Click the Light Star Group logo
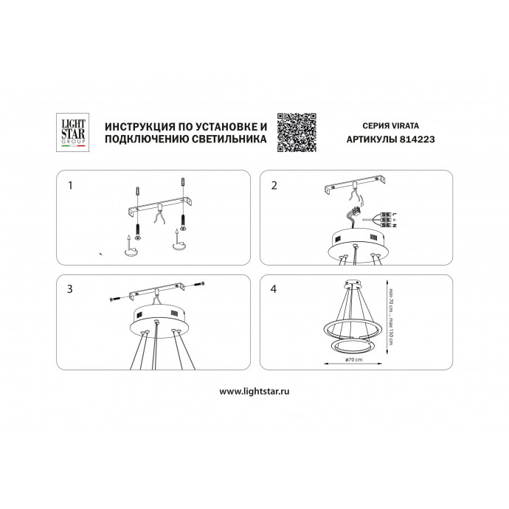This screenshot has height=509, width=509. tap(73, 132)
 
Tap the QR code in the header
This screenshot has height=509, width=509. tap(297, 133)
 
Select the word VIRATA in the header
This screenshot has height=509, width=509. tap(405, 125)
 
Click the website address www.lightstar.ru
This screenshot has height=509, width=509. tap(254, 391)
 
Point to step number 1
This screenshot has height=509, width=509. tap(70, 185)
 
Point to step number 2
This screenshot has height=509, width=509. tap(274, 185)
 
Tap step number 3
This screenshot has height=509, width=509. tap(70, 289)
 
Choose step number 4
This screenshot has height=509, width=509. tap(274, 289)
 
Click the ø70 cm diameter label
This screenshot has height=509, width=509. tap(354, 359)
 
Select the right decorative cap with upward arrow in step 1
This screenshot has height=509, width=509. tap(179, 242)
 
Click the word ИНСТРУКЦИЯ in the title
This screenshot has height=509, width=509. tap(140, 126)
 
